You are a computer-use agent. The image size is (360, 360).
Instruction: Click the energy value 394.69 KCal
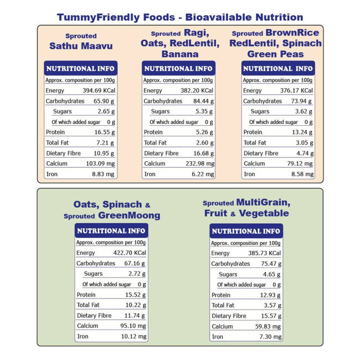98,90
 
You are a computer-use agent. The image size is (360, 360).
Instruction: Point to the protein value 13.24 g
302,132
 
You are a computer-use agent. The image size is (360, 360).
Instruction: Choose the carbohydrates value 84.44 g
202,101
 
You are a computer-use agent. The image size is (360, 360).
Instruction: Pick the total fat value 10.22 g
135,305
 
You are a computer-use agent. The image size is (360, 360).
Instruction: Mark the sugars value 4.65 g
272,274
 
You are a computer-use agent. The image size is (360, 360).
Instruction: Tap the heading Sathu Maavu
80,45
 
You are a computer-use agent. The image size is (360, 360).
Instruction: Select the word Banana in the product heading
180,54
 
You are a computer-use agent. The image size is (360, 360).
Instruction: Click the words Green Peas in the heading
275,54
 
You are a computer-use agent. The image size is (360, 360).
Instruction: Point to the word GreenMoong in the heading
129,215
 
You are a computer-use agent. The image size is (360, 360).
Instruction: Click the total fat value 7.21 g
105,142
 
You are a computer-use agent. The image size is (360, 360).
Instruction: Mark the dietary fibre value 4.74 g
302,153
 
